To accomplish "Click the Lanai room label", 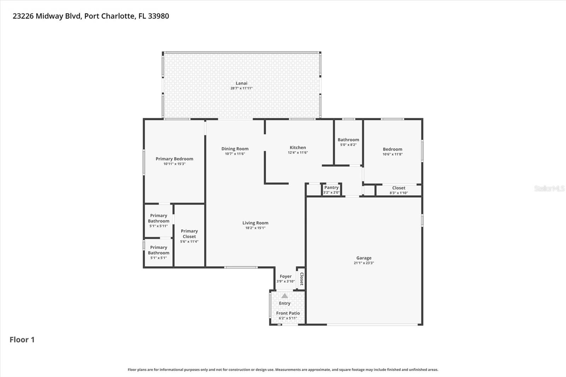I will point(242,83).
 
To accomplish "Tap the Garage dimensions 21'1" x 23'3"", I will point(364,263).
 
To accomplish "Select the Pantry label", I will point(331,188).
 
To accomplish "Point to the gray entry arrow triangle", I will point(285,296).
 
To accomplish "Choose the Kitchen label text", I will point(298,148).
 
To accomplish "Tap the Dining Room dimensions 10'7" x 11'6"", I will point(235,154).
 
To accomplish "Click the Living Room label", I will point(255,223).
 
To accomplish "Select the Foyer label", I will point(285,277).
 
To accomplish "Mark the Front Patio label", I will point(288,313).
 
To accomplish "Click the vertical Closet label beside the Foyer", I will point(301,279).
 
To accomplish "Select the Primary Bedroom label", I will point(174,159).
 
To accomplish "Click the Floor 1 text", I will point(22,340).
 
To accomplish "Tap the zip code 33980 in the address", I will point(158,16).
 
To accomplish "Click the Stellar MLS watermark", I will point(549,189).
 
